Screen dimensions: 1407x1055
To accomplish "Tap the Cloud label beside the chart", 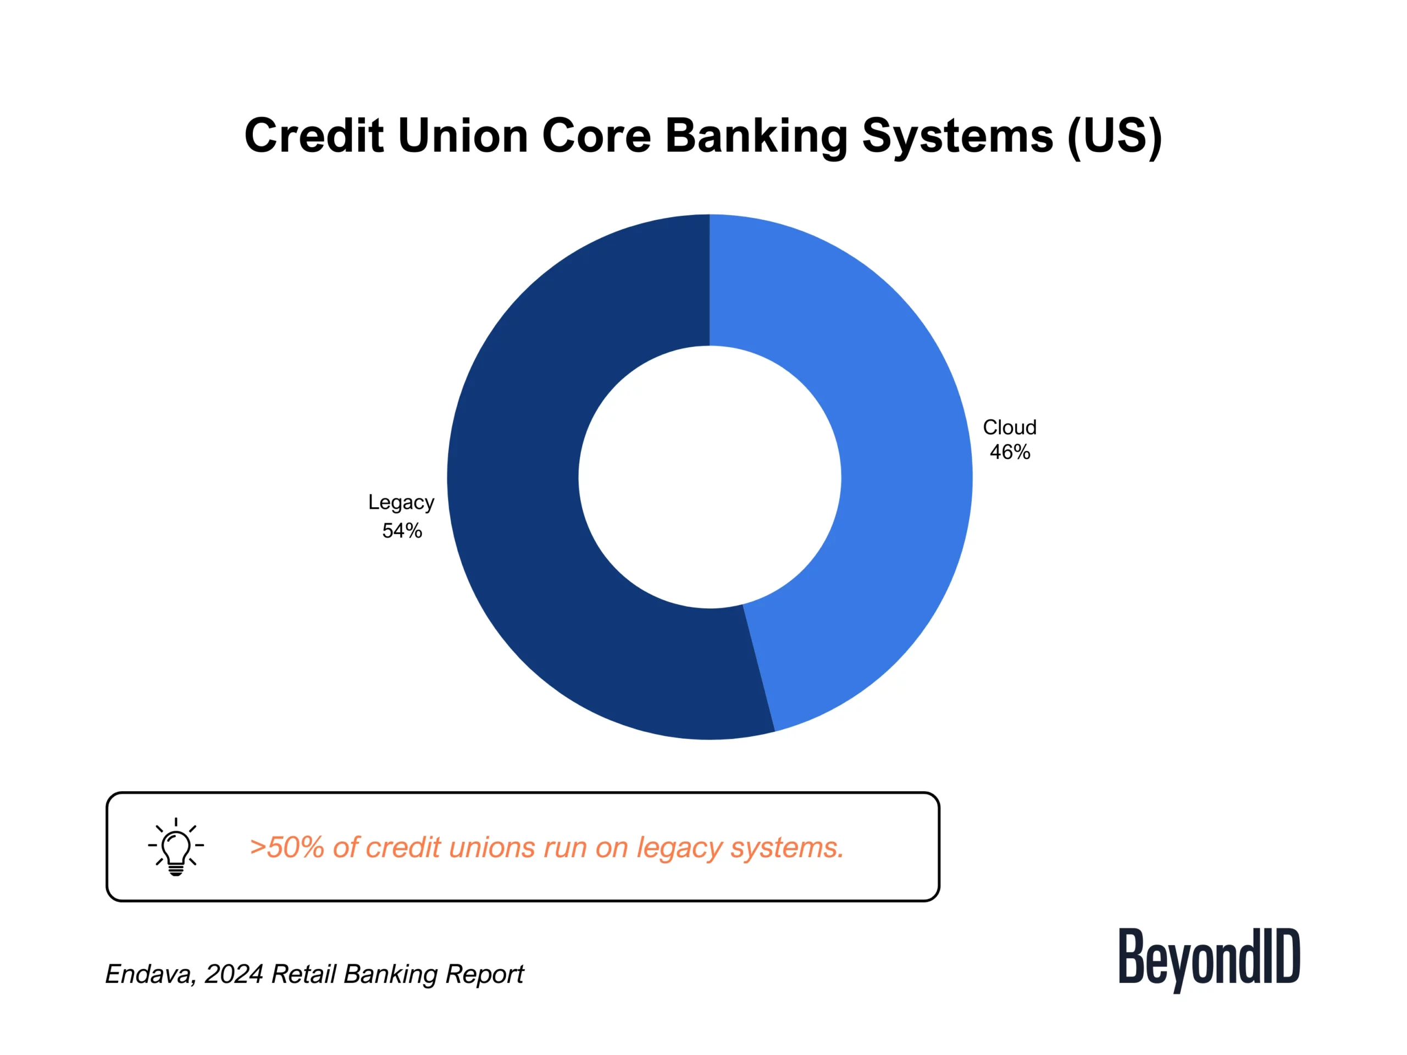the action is point(1010,427).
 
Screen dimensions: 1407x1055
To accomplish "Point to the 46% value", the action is point(1010,452).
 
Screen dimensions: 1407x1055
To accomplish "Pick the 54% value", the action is point(402,530).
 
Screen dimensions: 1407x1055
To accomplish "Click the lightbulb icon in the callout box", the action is point(176,846).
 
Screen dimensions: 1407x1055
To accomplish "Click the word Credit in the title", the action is point(314,136).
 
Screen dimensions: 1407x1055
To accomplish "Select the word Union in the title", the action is point(463,136).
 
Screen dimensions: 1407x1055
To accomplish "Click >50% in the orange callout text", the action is point(287,847).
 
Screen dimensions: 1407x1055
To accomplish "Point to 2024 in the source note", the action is point(234,974).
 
